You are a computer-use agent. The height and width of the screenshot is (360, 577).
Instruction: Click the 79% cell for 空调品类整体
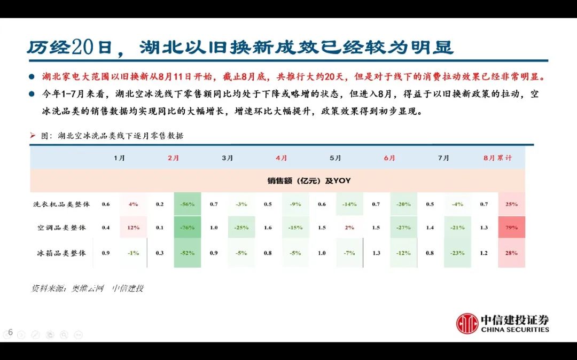(x=511, y=228)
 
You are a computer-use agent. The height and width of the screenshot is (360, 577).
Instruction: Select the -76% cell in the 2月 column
(x=187, y=228)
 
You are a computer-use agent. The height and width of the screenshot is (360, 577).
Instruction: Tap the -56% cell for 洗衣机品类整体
(x=187, y=204)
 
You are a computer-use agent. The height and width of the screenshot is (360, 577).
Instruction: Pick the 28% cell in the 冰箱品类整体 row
(x=511, y=253)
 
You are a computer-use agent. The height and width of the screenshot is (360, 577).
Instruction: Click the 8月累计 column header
(x=497, y=158)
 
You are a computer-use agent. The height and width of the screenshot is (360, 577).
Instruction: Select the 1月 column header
(x=120, y=158)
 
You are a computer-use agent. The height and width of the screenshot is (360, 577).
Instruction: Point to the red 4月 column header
(x=282, y=158)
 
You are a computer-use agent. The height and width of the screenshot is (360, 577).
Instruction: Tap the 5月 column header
(x=336, y=158)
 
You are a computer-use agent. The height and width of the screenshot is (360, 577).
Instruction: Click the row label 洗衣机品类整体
(x=61, y=204)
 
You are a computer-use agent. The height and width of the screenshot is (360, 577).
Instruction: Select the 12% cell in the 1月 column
(x=133, y=228)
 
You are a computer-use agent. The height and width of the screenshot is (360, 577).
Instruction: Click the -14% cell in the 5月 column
(x=349, y=204)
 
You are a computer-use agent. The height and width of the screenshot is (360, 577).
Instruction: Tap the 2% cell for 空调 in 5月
(x=349, y=228)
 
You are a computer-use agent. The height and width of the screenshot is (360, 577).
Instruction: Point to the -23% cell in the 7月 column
(x=457, y=253)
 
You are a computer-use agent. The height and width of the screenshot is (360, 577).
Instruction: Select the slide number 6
(x=10, y=333)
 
